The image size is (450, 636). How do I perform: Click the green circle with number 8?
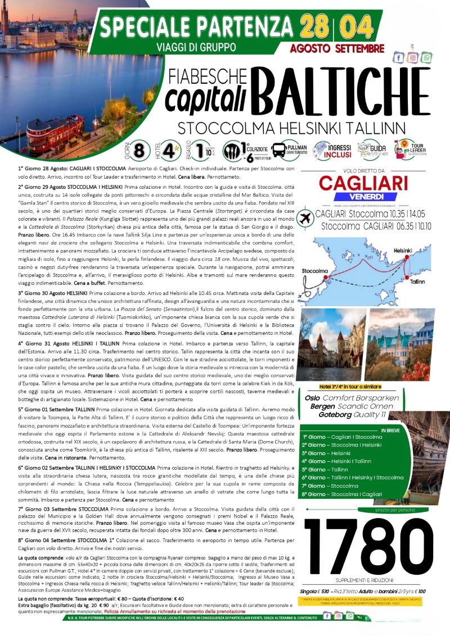coord(142,151)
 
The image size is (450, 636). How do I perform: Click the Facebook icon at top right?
coord(399,57)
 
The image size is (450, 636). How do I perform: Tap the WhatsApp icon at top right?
coord(427,57)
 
